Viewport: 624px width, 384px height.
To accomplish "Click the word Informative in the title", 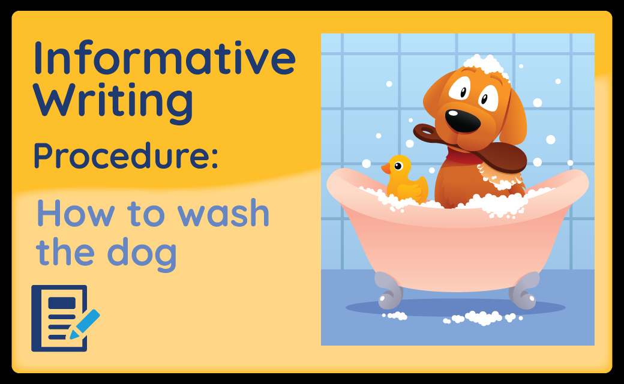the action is [x=165, y=58].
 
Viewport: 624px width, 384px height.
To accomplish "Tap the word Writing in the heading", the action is [x=114, y=101].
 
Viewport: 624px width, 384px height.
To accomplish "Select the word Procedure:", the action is [x=126, y=155].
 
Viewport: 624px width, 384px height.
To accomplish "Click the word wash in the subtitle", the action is [x=223, y=213].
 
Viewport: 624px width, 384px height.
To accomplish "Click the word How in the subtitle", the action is [x=76, y=213].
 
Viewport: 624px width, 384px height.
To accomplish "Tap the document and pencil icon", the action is [x=65, y=318].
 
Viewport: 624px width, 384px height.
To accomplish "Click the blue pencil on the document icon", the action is [x=85, y=325].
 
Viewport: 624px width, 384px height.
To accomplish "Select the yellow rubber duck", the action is [x=405, y=179].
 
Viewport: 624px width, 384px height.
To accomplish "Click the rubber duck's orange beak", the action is [x=386, y=169].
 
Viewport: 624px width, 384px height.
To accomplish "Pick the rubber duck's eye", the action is [x=398, y=166].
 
